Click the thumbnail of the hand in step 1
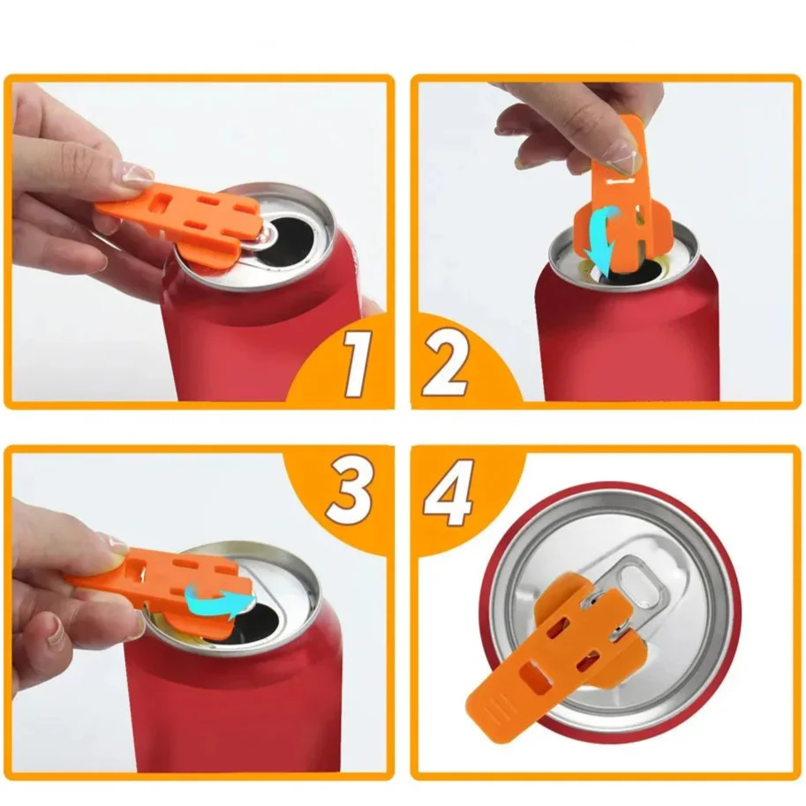click(x=135, y=174)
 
